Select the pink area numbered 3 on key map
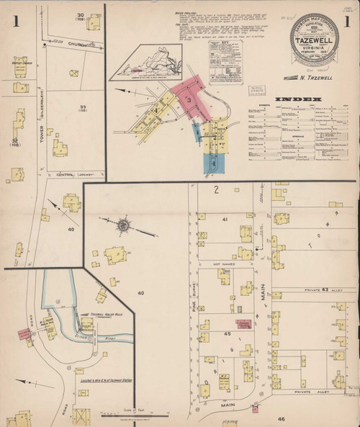[x=190, y=102]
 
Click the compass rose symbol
[x=122, y=226]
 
